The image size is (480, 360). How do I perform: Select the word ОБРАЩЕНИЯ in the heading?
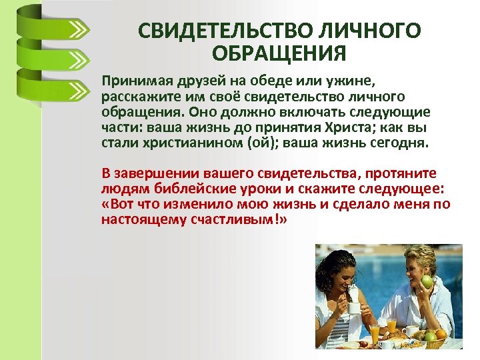280,53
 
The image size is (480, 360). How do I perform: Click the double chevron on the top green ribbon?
78,31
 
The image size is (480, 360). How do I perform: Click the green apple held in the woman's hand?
426,281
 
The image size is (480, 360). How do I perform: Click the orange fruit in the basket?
441,333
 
